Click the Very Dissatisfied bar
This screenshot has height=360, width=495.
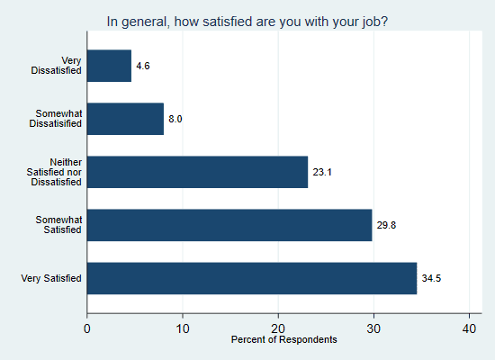[x=109, y=66]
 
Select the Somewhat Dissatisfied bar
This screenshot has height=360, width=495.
[x=125, y=119]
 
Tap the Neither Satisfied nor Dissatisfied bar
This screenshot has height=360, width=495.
[x=197, y=171]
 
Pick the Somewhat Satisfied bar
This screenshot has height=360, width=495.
[x=229, y=225]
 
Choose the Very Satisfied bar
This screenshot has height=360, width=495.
[x=252, y=278]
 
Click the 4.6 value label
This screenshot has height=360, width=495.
[x=143, y=67]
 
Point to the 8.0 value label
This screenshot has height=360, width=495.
[x=175, y=119]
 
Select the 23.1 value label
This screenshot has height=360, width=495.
[x=322, y=171]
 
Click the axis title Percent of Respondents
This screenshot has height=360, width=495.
[x=283, y=340]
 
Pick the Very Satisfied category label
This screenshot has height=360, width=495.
[x=51, y=278]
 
